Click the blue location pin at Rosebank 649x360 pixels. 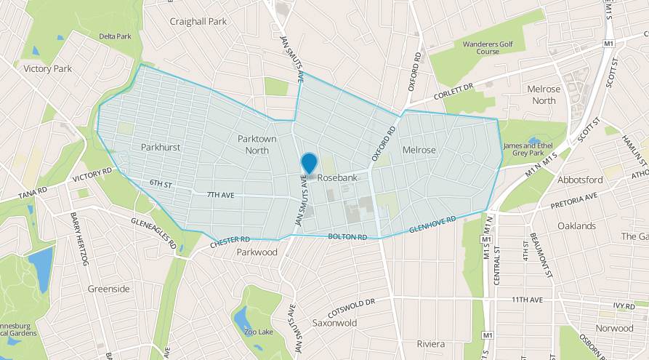coord(309,164)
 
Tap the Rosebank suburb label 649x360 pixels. coord(335,177)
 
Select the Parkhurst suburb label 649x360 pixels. coord(161,148)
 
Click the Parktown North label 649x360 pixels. coord(257,144)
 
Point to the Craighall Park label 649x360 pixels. coord(198,22)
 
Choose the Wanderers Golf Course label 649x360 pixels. coord(488,48)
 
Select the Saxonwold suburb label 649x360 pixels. coord(335,321)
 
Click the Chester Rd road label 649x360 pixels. coord(230,242)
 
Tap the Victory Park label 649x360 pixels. coord(47,68)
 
